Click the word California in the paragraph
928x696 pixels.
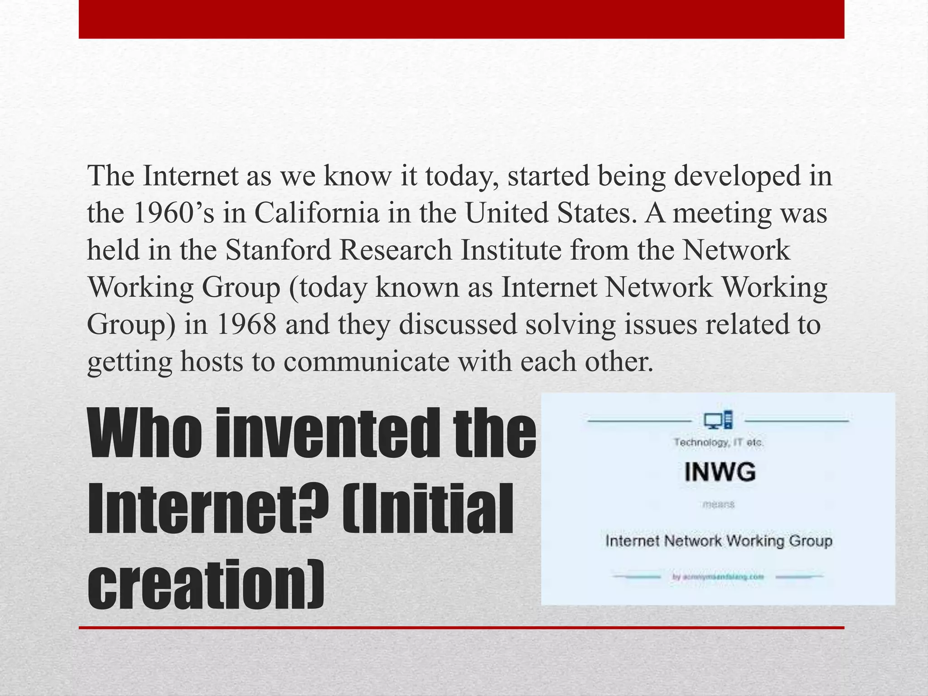[316, 213]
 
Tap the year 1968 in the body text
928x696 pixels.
[246, 324]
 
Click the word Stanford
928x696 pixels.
[278, 250]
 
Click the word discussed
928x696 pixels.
[458, 324]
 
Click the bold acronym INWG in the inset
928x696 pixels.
[720, 472]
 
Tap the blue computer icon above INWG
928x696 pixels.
[718, 420]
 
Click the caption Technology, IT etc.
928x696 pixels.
[719, 442]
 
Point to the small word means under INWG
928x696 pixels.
[719, 504]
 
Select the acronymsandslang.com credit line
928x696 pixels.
[718, 577]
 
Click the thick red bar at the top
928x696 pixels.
[461, 19]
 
